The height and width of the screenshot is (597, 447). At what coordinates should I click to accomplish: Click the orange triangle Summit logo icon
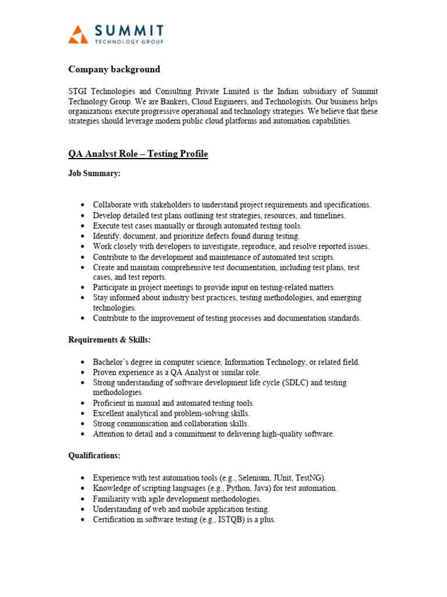78,34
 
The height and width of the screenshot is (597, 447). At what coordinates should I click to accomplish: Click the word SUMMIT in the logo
127,30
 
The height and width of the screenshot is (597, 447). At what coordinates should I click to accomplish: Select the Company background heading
114,69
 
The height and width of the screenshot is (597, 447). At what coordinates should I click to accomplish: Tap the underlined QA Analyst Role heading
138,154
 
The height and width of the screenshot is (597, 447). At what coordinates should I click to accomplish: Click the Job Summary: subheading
94,174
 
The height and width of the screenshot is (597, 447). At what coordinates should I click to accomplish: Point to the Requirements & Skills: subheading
109,339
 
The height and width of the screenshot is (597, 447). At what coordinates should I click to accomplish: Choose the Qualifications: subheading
94,455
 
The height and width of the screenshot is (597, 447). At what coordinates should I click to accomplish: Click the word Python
236,488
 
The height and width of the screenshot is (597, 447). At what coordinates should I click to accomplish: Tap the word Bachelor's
113,362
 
